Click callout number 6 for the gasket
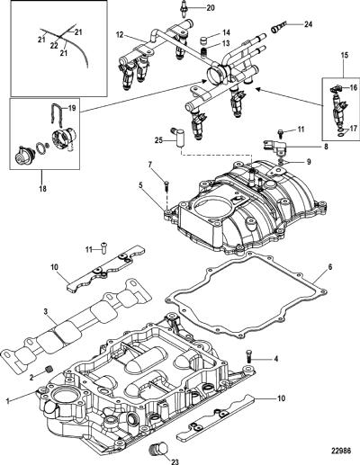tap(329, 266)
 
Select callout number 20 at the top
tap(211, 7)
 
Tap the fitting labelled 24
tap(275, 29)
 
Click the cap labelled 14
tap(204, 40)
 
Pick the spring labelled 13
tap(203, 52)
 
